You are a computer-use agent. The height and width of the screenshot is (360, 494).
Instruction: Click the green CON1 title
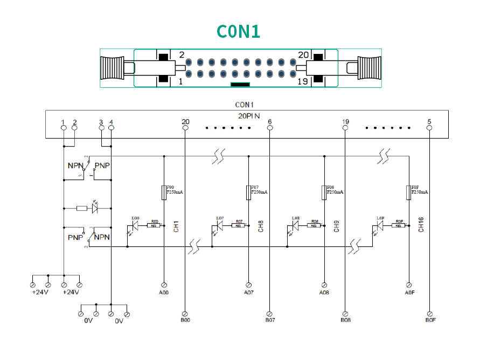tap(239, 31)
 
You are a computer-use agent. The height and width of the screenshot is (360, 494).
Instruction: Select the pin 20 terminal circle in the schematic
tap(185, 128)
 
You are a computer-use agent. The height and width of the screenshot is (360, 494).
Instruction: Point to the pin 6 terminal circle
tap(269, 128)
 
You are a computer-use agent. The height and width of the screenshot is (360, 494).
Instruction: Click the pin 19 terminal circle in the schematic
tap(345, 128)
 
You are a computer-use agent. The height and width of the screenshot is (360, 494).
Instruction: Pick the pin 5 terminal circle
tap(429, 128)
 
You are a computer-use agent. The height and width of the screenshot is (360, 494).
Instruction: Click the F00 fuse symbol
tap(164, 192)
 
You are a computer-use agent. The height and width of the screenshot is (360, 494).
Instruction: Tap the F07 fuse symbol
tap(248, 192)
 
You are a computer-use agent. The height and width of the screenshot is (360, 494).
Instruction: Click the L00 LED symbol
tap(135, 225)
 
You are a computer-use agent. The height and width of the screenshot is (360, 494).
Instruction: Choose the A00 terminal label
tap(164, 292)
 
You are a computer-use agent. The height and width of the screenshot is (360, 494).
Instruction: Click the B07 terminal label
tap(270, 320)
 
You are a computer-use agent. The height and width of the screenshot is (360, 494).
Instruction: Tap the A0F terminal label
tap(409, 292)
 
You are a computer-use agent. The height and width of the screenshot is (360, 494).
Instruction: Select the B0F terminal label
tap(430, 320)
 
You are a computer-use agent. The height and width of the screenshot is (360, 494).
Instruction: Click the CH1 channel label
tap(176, 226)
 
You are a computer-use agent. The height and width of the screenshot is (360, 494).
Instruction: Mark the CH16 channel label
tap(421, 225)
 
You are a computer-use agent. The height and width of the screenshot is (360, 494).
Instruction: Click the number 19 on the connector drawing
tap(303, 81)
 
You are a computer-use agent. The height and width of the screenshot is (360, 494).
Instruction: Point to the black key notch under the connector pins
tap(240, 84)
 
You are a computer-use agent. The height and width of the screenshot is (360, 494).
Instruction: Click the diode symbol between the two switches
tap(96, 207)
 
